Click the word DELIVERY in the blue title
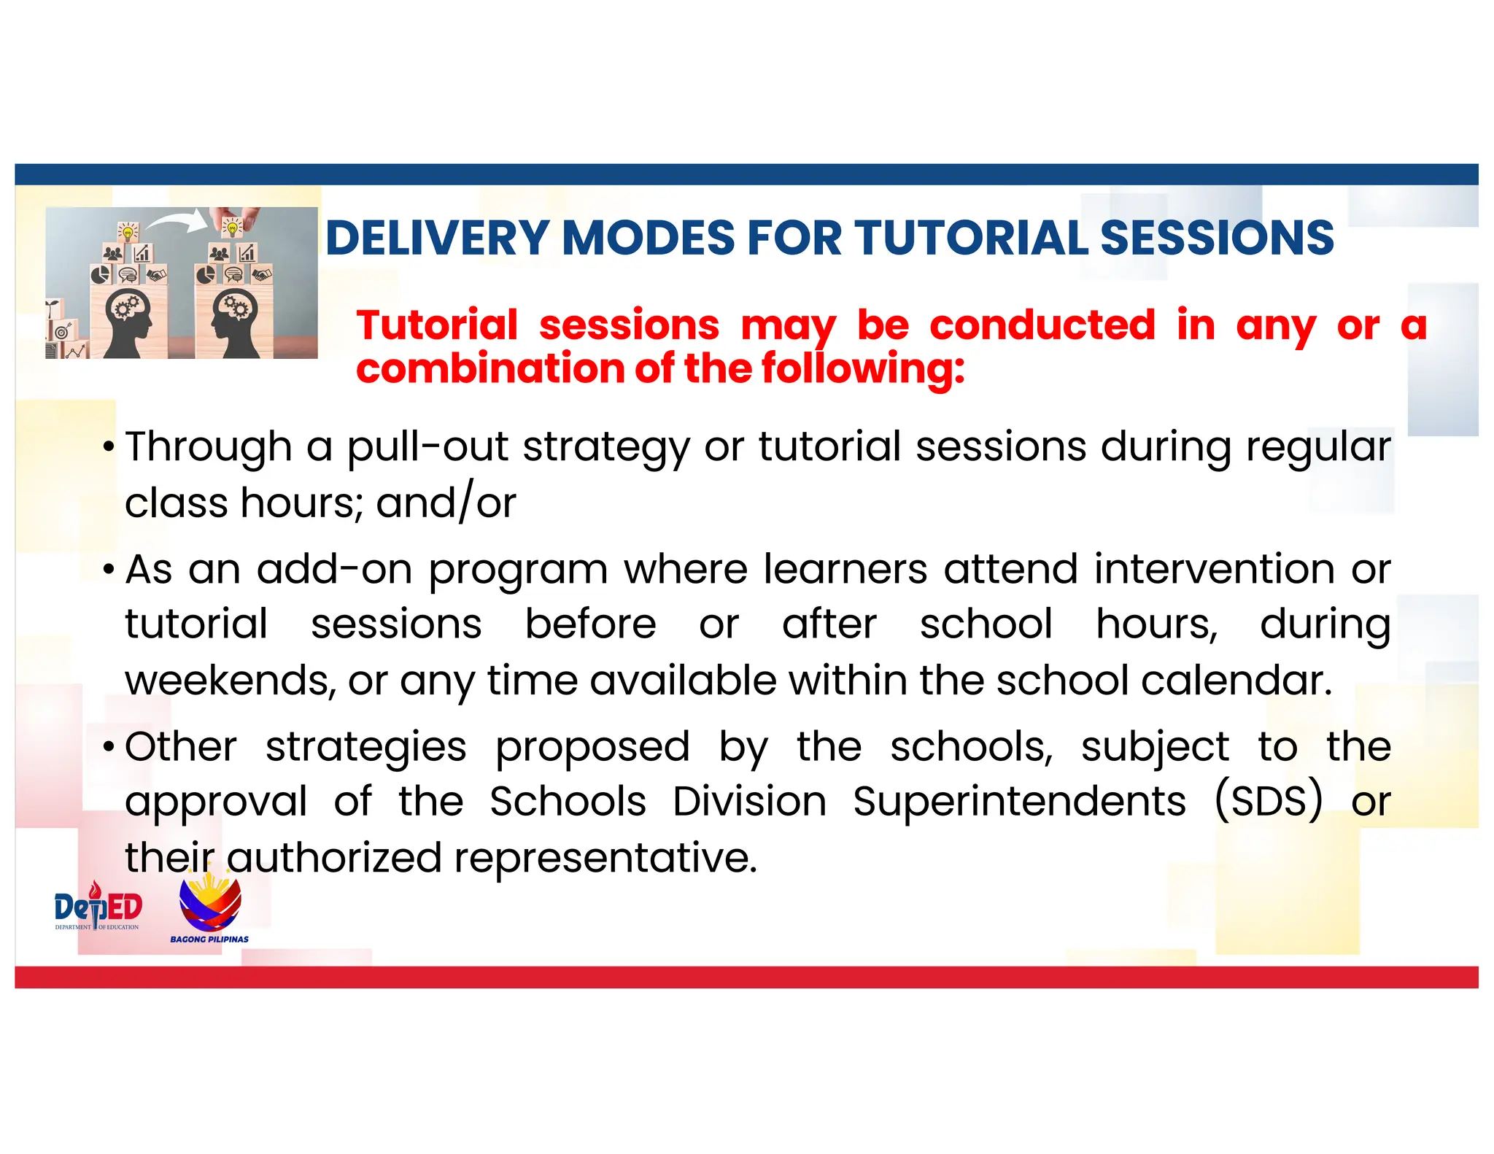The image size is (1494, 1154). point(437,238)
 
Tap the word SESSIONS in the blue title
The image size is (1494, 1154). point(1216,238)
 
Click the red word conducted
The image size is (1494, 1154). point(1042,325)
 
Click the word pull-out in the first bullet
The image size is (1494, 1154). point(427,446)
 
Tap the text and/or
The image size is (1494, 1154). point(446,503)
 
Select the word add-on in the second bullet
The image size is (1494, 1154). point(334,569)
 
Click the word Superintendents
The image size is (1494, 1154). point(1019,802)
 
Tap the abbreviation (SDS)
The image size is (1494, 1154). point(1268,801)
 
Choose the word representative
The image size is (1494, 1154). point(605,857)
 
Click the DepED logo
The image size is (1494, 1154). point(98,908)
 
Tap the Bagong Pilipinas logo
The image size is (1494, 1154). point(210,910)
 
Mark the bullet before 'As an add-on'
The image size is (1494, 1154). point(109,570)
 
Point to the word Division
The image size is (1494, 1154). point(749,802)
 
